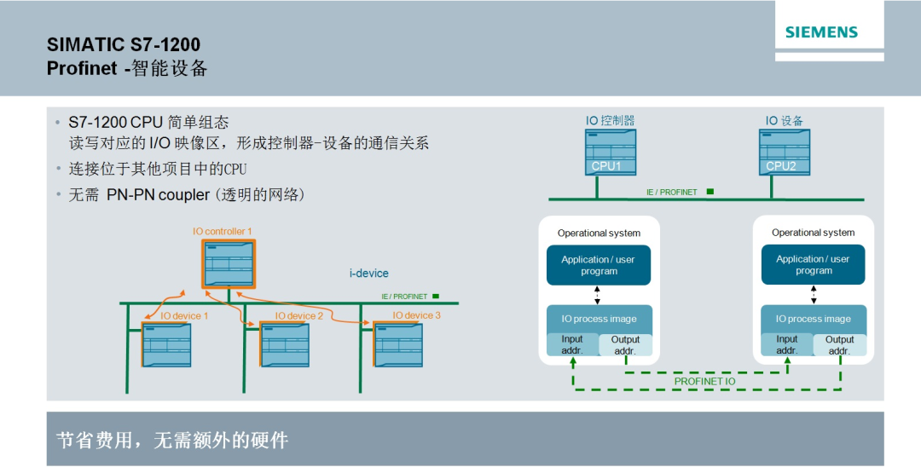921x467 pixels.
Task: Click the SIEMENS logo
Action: click(x=821, y=33)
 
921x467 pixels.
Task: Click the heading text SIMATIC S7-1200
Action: click(x=124, y=44)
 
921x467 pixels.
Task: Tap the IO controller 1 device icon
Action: click(x=229, y=264)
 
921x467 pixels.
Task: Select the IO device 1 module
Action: click(x=166, y=345)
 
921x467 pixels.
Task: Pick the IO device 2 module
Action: click(x=284, y=345)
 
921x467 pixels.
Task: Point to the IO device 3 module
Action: click(x=398, y=345)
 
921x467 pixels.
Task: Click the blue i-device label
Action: click(x=368, y=274)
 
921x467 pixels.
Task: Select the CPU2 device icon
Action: click(x=784, y=152)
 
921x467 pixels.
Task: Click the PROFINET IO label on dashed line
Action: click(x=704, y=381)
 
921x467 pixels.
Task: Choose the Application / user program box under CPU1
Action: click(x=599, y=265)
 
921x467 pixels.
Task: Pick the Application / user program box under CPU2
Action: click(x=814, y=265)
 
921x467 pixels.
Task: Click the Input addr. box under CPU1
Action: click(x=572, y=345)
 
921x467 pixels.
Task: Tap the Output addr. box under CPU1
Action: click(x=625, y=345)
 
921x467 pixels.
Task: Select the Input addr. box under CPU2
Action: click(x=787, y=345)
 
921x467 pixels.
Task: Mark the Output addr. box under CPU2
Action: click(x=839, y=345)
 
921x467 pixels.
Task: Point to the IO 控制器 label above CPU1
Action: click(x=610, y=121)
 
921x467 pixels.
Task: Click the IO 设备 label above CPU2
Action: click(x=784, y=121)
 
